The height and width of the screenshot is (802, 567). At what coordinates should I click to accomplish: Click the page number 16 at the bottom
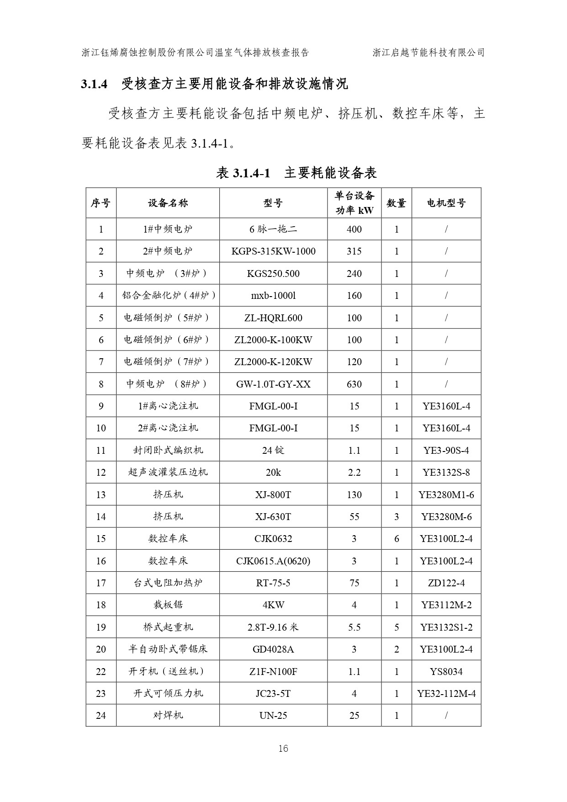click(283, 749)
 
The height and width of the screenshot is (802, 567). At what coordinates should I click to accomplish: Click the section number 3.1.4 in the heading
click(94, 84)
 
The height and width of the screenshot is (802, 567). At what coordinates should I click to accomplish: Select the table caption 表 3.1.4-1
click(244, 173)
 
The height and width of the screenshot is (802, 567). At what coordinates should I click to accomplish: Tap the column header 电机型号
click(446, 203)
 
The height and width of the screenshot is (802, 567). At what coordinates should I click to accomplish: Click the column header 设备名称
click(168, 203)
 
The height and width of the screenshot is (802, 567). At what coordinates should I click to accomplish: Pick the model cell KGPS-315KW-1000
click(273, 251)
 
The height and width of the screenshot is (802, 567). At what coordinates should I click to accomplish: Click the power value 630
click(354, 384)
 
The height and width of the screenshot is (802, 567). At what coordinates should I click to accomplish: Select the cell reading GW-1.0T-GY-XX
click(273, 384)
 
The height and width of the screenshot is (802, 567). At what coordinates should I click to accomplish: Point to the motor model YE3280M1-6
click(446, 494)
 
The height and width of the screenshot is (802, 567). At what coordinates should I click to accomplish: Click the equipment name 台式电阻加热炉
click(168, 583)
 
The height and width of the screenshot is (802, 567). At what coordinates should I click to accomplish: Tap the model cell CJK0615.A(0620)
click(273, 561)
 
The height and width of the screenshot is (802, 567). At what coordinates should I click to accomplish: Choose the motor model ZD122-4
click(446, 583)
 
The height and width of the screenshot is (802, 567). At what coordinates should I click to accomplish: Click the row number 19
click(101, 627)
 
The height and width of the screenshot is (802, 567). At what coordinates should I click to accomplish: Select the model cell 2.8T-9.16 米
click(273, 627)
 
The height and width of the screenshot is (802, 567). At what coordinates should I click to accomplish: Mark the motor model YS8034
click(446, 672)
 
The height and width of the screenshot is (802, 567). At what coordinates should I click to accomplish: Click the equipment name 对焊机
click(168, 716)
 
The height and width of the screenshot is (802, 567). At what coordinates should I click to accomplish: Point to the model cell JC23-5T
click(273, 694)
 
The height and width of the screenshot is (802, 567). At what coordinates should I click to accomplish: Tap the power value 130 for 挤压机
click(354, 494)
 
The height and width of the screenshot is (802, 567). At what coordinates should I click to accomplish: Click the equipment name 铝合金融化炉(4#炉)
click(169, 296)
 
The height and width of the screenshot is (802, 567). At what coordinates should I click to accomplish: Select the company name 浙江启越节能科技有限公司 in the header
click(428, 53)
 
